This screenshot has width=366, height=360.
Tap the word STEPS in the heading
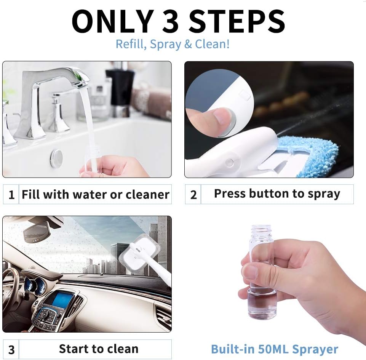click(x=237, y=21)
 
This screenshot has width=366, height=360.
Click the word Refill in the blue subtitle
click(x=131, y=44)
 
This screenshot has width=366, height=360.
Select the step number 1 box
click(x=11, y=195)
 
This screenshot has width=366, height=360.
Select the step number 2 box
click(x=193, y=195)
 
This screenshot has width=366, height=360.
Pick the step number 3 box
click(x=11, y=349)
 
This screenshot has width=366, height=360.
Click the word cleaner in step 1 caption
click(x=147, y=195)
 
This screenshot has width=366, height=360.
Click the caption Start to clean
click(x=98, y=349)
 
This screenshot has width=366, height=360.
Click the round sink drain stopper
click(x=56, y=158)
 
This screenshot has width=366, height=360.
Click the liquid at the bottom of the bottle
click(x=262, y=303)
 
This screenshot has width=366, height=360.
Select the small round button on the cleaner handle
click(x=229, y=162)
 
